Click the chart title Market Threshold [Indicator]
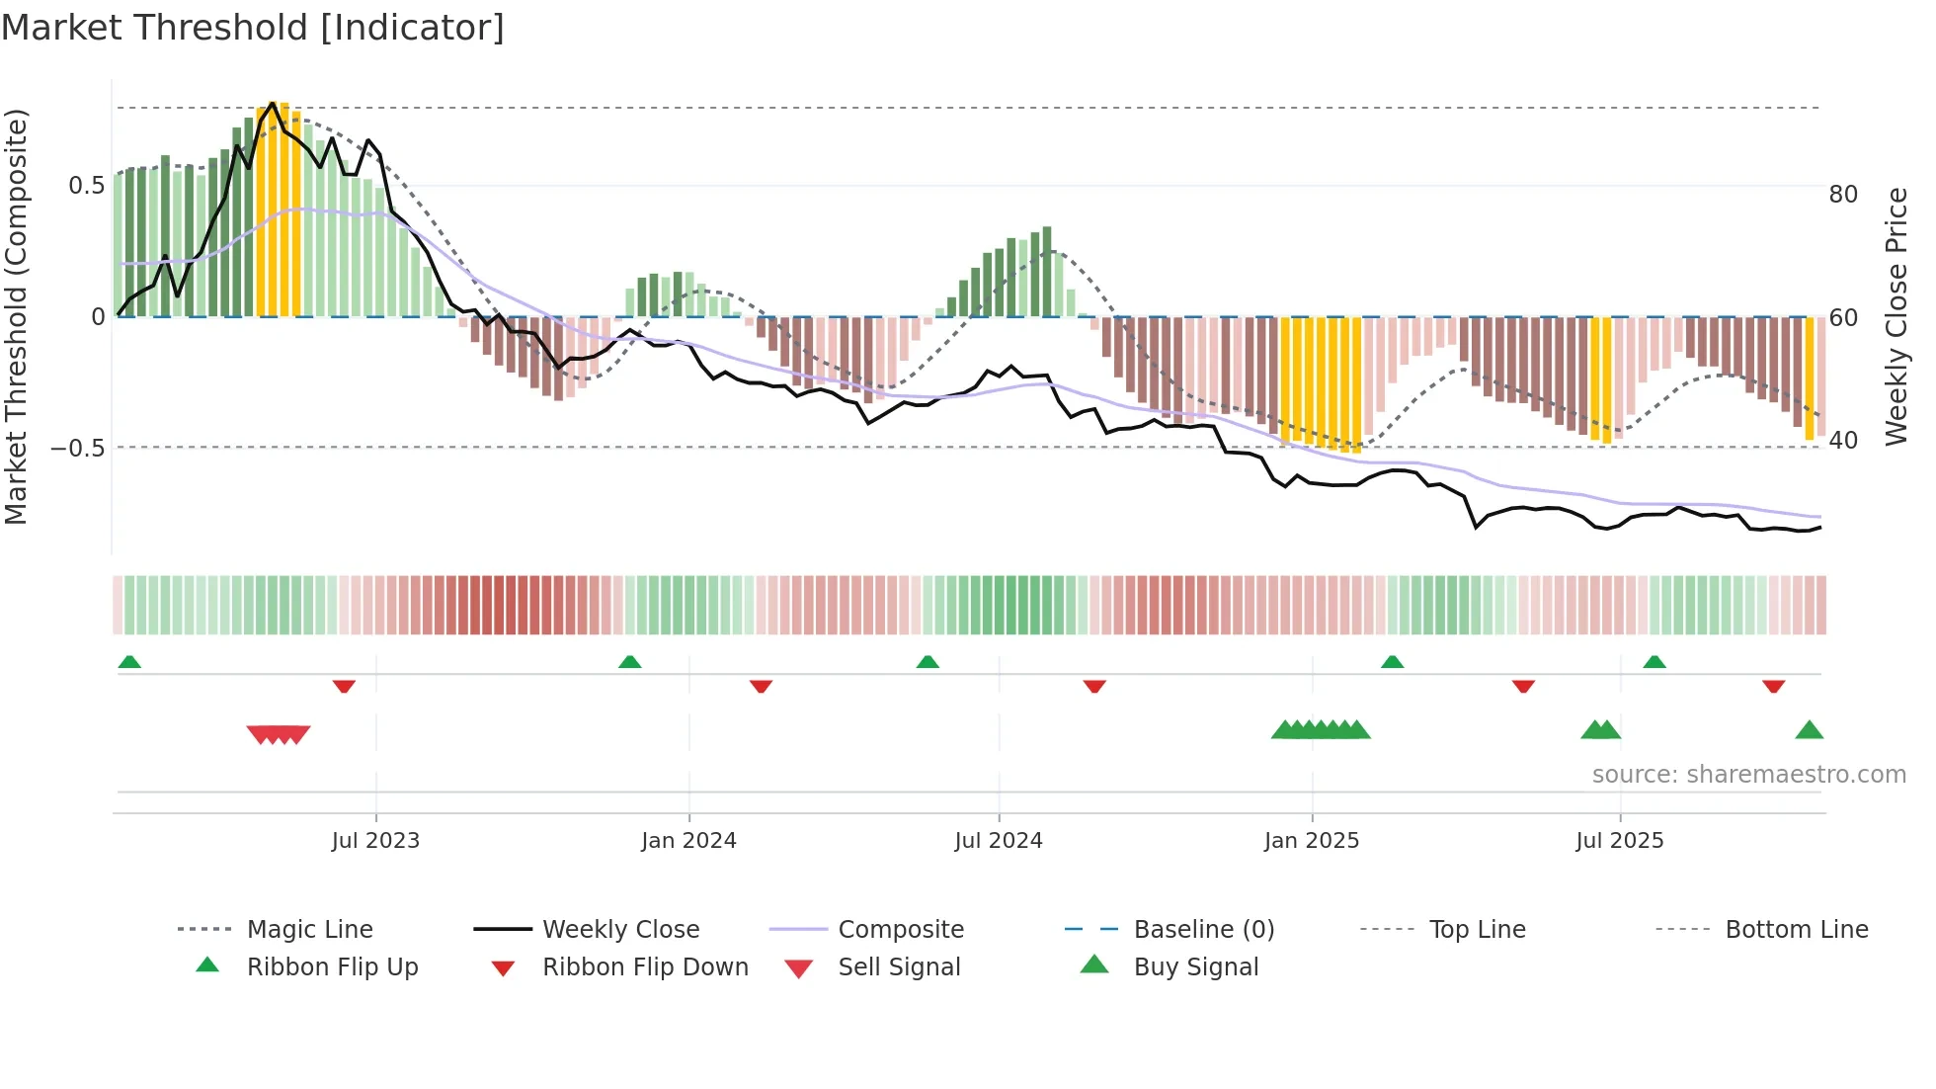[253, 28]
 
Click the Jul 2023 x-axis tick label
[375, 841]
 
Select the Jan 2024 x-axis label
[688, 841]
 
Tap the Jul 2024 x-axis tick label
[999, 841]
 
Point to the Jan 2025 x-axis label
[1312, 841]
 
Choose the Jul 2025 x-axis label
[1620, 841]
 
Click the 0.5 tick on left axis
[86, 186]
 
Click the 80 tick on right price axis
[1843, 195]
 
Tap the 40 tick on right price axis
[1843, 441]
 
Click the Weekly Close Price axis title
[1896, 316]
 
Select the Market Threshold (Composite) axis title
[17, 316]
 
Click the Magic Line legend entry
[309, 930]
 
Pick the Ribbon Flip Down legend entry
[645, 967]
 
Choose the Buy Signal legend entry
[1195, 967]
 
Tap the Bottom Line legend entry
[1796, 930]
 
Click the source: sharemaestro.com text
[1748, 775]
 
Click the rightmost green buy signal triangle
[1809, 730]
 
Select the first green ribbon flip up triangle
[129, 662]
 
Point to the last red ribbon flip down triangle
[1774, 686]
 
